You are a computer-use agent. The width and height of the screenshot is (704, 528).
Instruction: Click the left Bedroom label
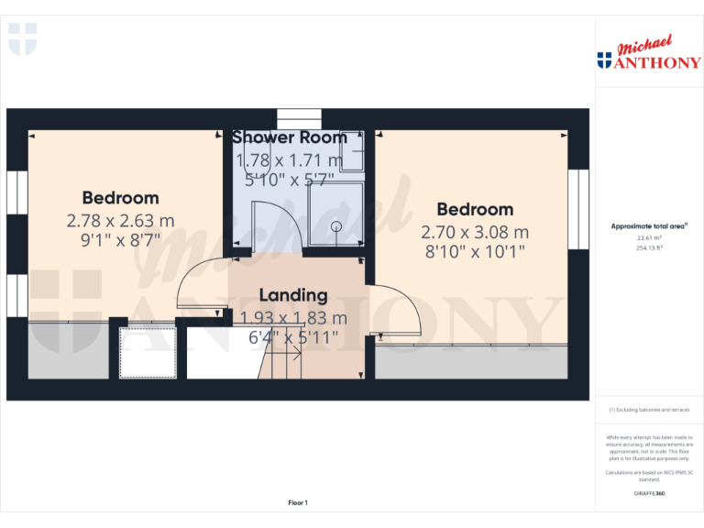120,198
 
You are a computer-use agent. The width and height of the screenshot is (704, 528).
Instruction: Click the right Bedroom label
474,209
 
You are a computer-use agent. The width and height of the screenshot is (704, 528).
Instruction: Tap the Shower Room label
290,137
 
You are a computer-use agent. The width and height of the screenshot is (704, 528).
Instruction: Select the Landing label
293,295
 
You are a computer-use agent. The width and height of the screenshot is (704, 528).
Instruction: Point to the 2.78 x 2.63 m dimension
120,221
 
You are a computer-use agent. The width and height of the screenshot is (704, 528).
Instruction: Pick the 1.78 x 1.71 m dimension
290,161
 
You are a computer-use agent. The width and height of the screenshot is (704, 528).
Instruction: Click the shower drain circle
335,225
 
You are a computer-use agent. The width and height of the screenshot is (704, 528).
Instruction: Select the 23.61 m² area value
649,237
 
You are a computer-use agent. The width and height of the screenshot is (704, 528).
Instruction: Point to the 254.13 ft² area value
649,247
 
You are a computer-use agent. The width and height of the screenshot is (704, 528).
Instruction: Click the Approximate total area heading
649,225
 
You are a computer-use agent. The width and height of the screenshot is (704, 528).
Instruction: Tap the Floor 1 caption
298,502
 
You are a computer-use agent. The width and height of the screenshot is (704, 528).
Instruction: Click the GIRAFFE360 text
649,494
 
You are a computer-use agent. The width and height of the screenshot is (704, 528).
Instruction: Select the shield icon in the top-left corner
22,38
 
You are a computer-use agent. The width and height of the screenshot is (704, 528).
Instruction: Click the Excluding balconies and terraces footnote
649,410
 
